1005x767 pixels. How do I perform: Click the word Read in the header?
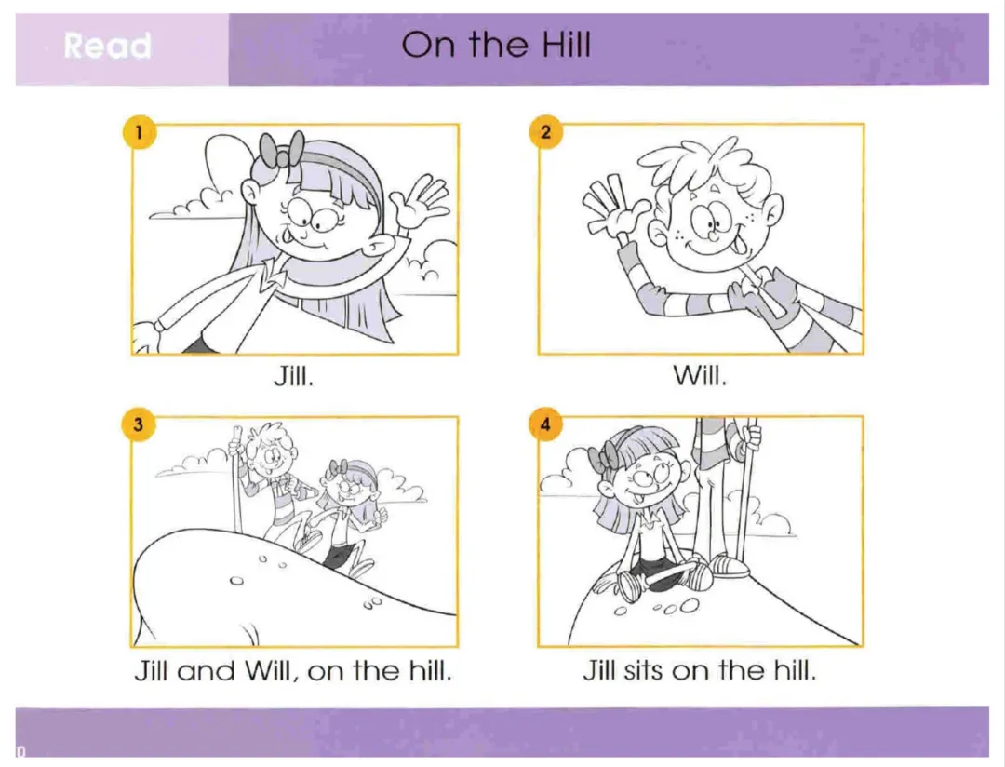(x=108, y=47)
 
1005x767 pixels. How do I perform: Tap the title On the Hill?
(x=495, y=45)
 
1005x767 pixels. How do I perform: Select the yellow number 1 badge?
(x=139, y=132)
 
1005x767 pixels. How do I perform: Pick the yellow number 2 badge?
(x=545, y=132)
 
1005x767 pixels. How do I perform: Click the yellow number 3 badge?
(x=139, y=424)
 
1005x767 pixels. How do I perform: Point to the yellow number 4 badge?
(x=545, y=424)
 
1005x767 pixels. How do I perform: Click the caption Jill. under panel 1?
(x=293, y=376)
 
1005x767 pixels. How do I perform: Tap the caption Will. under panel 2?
(x=700, y=376)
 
